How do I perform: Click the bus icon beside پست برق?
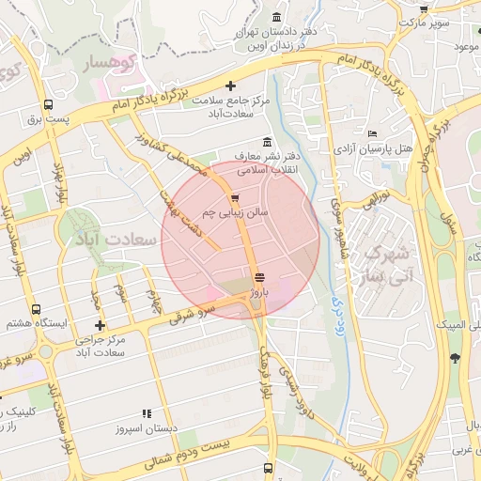point(47,105)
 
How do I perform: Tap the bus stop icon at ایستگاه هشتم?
point(36,308)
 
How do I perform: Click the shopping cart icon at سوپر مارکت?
point(403,21)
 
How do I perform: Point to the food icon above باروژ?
point(259,277)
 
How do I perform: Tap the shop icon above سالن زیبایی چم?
point(234,197)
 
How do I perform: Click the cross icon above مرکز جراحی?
point(100,325)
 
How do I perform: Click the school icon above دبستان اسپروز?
point(146,412)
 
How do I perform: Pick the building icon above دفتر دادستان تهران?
point(276,18)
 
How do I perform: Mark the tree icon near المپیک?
point(456,357)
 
